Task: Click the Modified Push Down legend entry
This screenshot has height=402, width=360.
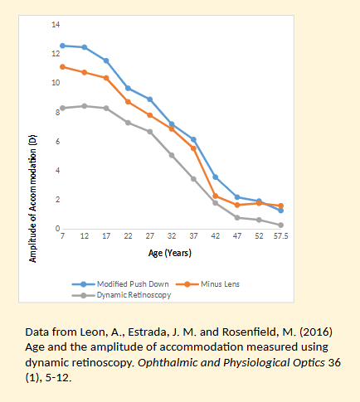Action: pos(133,284)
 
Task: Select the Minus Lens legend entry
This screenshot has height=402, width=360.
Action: pos(220,284)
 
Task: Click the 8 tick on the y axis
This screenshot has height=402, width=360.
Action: pos(56,113)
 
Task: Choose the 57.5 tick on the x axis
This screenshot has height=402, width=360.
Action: pos(280,236)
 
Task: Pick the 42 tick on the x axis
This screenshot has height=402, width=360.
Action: pos(215,236)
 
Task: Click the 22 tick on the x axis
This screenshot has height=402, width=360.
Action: pos(128,236)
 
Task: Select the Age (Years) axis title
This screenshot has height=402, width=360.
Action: pos(172,252)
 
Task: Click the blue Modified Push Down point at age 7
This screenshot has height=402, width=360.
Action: pos(63,46)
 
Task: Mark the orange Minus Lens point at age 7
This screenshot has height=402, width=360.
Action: pos(63,66)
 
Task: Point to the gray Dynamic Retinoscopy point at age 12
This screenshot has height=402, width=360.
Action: pos(85,106)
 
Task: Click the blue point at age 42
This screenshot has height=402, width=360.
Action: pos(215,177)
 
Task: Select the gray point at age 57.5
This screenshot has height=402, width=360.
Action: pos(280,225)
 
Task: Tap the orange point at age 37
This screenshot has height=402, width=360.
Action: pos(193,148)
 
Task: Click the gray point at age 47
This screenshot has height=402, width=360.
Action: pos(236,217)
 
